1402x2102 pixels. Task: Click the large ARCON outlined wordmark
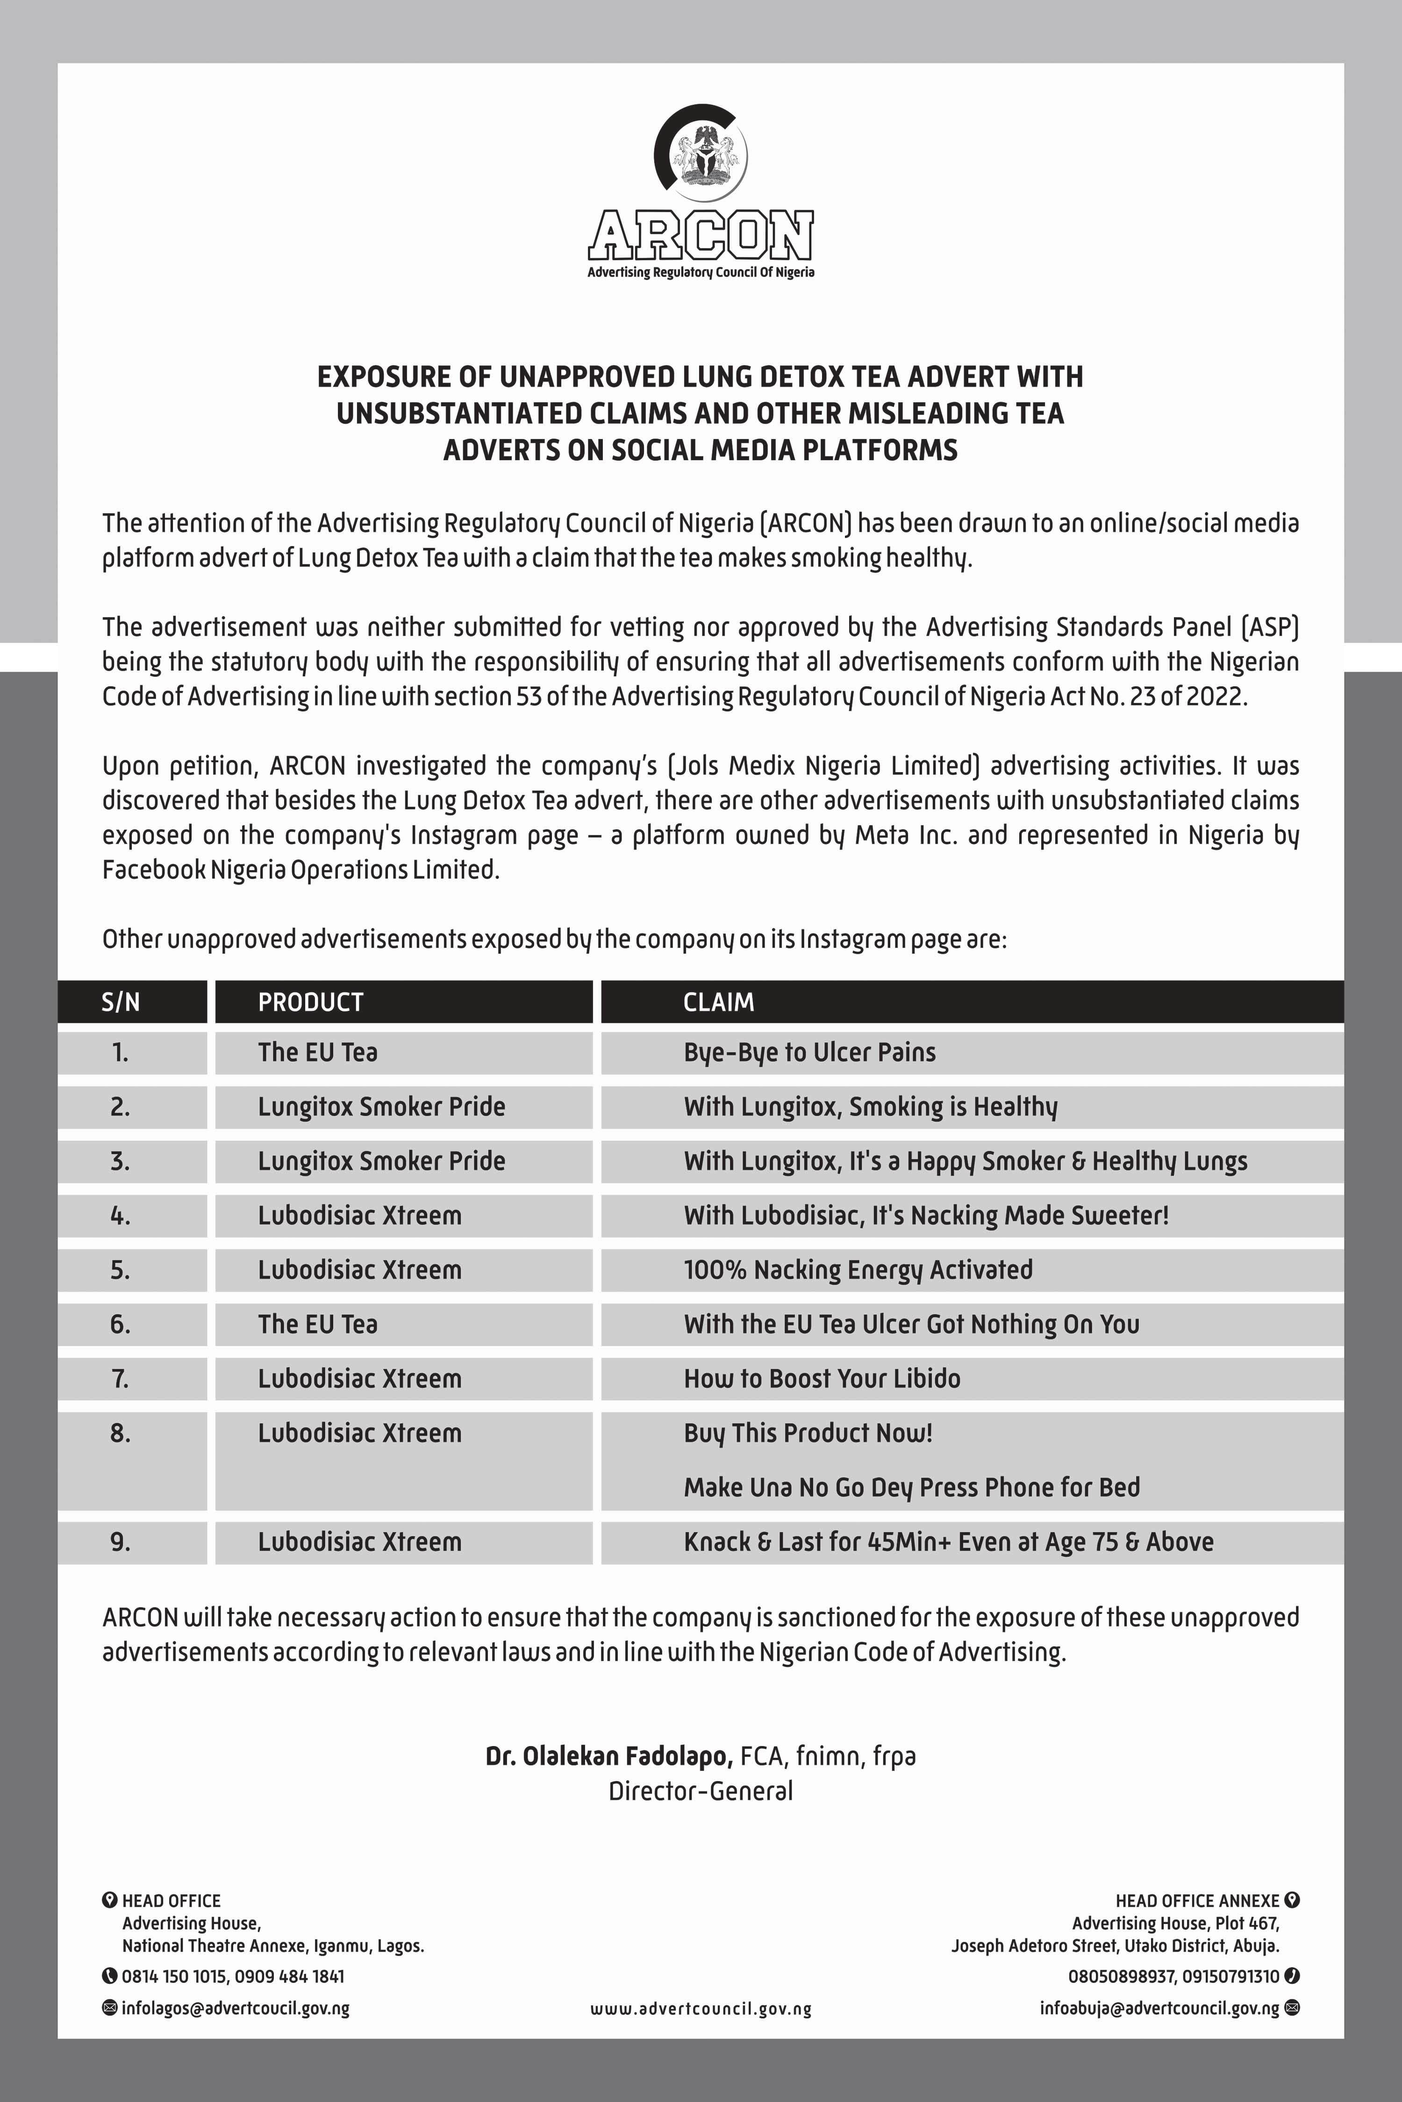pos(701,235)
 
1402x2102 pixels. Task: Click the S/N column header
pos(121,1002)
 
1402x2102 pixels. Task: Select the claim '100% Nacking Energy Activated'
pos(858,1270)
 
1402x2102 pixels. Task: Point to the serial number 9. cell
pos(121,1541)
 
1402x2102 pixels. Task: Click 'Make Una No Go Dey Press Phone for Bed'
pos(911,1487)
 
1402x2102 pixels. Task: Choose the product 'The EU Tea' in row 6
pos(317,1324)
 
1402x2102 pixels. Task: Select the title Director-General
pos(701,1791)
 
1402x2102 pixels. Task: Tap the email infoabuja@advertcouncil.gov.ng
pos(1159,2008)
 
